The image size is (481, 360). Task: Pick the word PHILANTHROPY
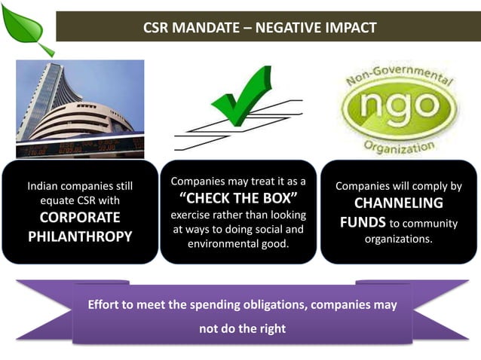pyautogui.click(x=80, y=236)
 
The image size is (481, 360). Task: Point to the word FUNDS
pyautogui.click(x=363, y=223)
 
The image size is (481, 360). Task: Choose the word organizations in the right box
pyautogui.click(x=399, y=239)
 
